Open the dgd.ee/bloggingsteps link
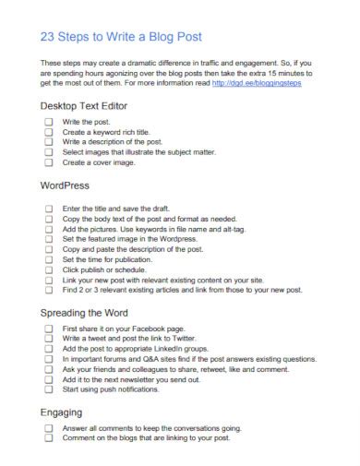(x=256, y=83)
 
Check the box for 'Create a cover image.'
(x=48, y=162)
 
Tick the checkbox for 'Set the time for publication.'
(x=48, y=260)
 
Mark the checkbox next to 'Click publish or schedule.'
(x=48, y=270)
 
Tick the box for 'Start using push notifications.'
(x=48, y=389)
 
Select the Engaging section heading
(x=62, y=412)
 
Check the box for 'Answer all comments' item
(x=48, y=429)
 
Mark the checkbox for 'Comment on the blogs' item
(x=48, y=439)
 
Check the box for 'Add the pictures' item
(x=48, y=230)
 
